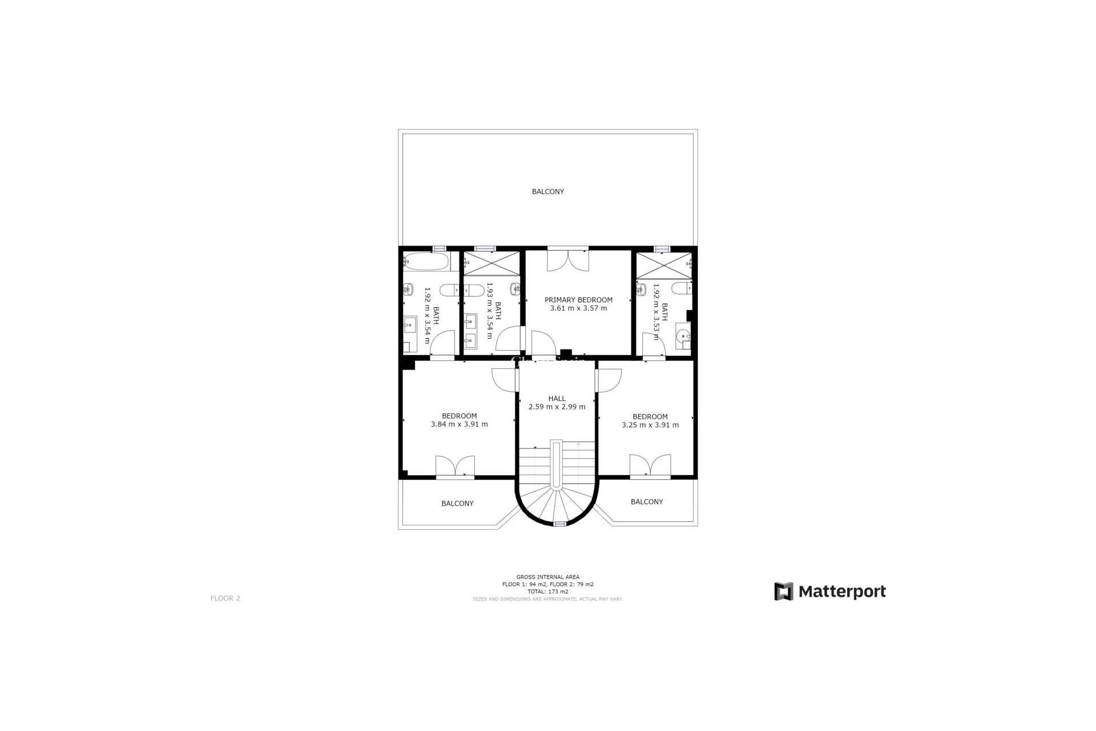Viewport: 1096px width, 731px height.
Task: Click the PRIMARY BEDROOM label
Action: (x=578, y=300)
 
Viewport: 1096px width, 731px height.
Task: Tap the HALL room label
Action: (x=557, y=399)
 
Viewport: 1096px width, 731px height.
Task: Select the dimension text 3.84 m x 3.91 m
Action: (x=459, y=424)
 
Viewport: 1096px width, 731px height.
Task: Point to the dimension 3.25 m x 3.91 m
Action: (x=650, y=425)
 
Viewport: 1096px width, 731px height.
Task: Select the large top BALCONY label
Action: (x=547, y=192)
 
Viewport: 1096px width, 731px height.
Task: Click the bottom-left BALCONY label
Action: (x=457, y=504)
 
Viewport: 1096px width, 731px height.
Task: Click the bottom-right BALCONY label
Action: (x=646, y=501)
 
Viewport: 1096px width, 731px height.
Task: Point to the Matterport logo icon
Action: (x=784, y=591)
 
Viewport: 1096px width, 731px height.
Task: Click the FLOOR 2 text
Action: (x=225, y=599)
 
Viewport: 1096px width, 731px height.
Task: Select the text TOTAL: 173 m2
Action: (x=547, y=592)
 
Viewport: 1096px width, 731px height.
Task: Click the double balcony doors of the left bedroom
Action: (x=455, y=466)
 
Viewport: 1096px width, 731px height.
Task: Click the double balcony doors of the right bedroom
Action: (x=650, y=465)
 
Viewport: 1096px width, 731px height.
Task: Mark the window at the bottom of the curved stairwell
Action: (x=559, y=523)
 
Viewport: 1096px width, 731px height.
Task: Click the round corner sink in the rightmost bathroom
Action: (x=683, y=337)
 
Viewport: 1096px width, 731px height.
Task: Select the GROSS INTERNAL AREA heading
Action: (x=547, y=577)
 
